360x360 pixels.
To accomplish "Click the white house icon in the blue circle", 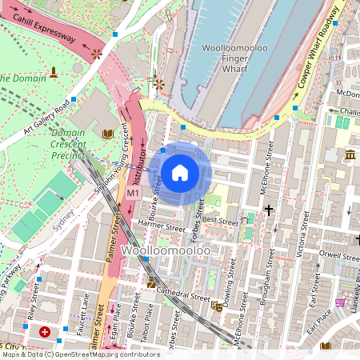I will pos(180,172).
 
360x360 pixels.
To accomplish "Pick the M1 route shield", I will pos(133,194).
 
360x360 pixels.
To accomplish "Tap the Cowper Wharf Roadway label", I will pos(309,65).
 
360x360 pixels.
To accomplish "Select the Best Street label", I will pos(220,219).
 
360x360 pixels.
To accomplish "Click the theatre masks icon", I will pos(216,306).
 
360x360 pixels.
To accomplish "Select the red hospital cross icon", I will pos(45,332).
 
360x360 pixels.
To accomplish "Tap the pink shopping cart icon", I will pos(341,302).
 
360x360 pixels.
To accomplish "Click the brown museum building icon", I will pos(350,154).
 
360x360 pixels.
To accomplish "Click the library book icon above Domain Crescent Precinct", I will pos(108,133).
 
